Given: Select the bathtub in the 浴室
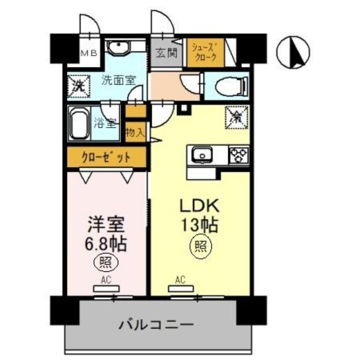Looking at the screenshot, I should [80, 122].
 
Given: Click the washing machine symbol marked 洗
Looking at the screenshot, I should [77, 85].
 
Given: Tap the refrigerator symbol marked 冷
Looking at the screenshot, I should [236, 117].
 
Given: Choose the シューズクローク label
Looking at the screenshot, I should [205, 52].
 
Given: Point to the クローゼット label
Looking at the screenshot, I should [106, 158].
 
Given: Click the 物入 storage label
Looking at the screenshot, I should [135, 133].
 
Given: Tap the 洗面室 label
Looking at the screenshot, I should [118, 81].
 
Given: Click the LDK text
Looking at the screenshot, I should [199, 206].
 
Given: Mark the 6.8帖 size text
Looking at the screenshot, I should [106, 244].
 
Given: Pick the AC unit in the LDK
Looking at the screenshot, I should [180, 288].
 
